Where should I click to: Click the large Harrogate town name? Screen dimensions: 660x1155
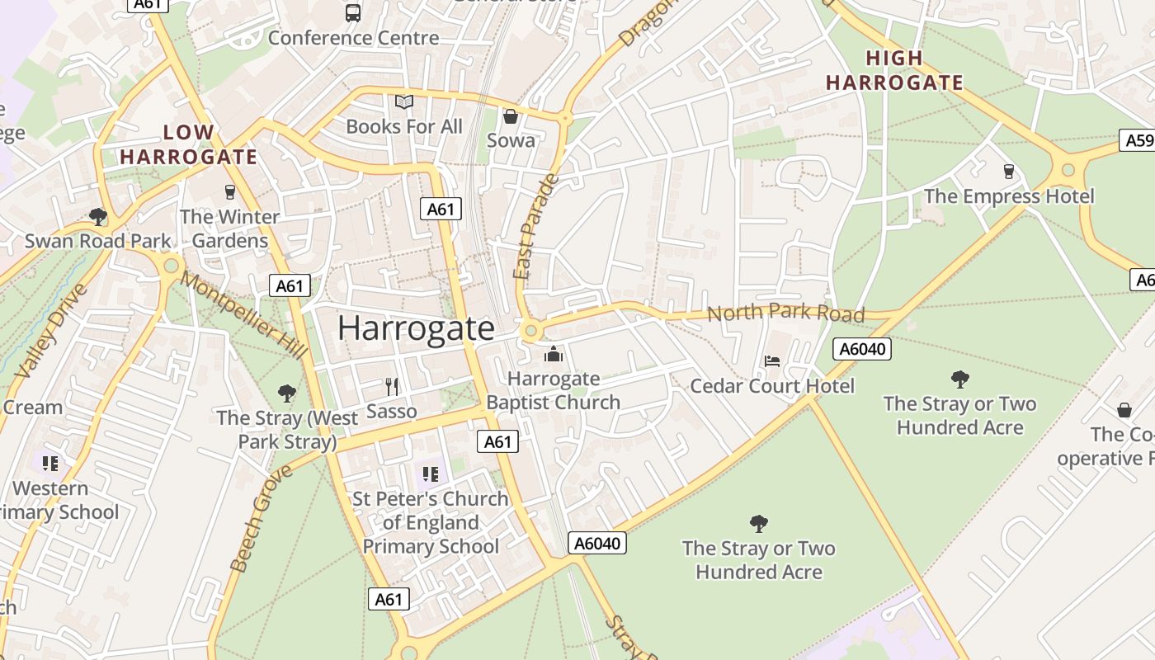tap(416, 328)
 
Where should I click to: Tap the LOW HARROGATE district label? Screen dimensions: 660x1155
tap(189, 144)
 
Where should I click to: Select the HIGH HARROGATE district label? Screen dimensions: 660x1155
tap(895, 70)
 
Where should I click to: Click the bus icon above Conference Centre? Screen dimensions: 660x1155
tap(352, 12)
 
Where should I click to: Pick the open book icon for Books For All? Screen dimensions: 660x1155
tap(403, 102)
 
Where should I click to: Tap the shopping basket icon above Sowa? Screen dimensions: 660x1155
tap(511, 116)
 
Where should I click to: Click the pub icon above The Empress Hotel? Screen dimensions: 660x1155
tap(1008, 171)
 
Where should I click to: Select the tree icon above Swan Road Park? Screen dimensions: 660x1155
tap(98, 217)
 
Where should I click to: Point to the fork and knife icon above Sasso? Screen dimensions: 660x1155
tap(392, 386)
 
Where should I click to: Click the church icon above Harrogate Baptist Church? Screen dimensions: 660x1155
tap(553, 355)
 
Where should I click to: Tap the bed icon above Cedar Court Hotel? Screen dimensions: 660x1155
tap(772, 361)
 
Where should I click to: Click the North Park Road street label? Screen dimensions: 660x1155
tap(785, 313)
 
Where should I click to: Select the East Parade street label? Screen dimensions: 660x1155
tap(535, 227)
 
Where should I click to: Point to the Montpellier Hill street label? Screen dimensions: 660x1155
tap(243, 315)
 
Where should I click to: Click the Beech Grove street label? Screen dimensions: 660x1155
tap(262, 518)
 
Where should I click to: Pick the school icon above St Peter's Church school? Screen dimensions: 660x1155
tap(430, 474)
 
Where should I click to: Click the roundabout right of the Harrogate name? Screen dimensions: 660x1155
tap(530, 332)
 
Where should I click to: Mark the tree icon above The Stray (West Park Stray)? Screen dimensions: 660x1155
tap(287, 393)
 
